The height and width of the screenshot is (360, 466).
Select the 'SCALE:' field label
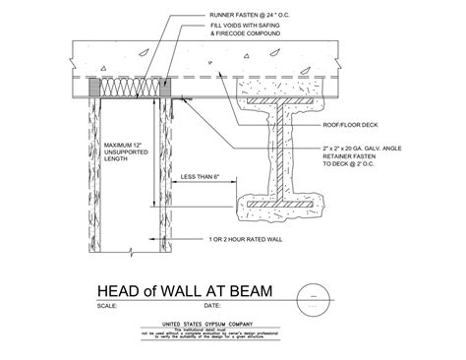click(x=109, y=306)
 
